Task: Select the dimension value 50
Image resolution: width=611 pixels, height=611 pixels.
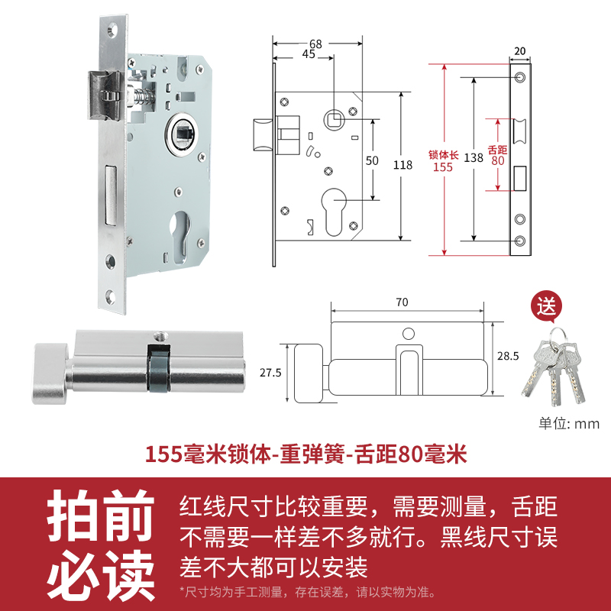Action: [372, 160]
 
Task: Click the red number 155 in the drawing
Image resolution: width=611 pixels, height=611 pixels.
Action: [442, 167]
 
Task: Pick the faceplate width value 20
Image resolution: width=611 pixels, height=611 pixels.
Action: [520, 51]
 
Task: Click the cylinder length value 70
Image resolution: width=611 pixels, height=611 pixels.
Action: [402, 302]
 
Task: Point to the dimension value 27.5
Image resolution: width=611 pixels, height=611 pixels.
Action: [271, 373]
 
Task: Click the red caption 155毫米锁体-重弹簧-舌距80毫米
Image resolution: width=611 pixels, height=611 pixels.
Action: [305, 455]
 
